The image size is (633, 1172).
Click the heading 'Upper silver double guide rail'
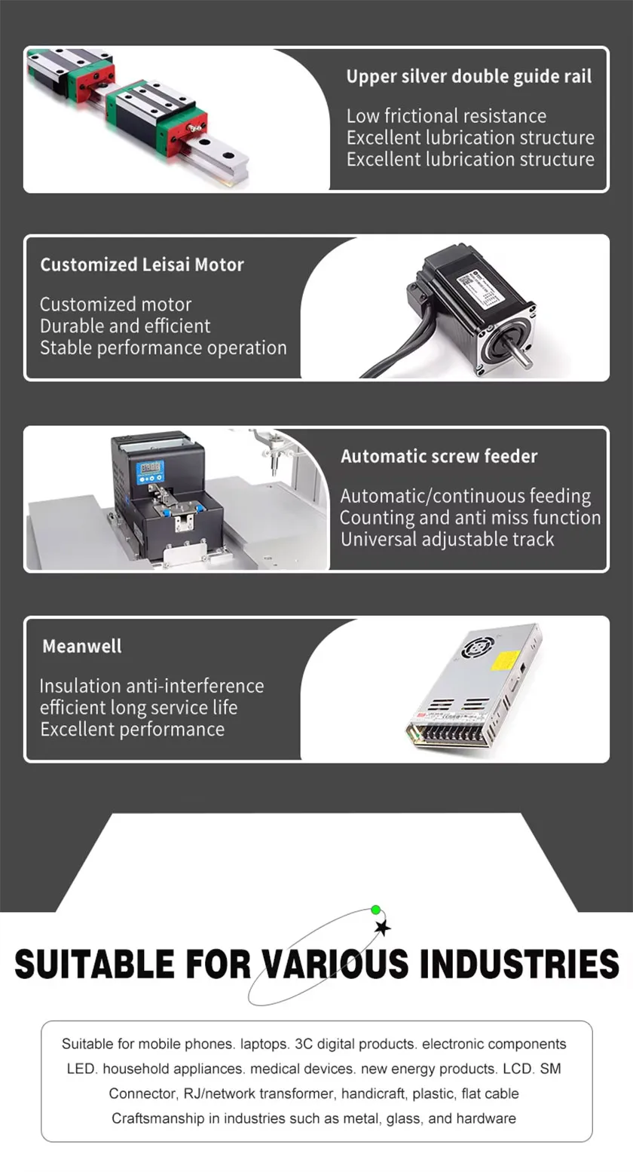[469, 76]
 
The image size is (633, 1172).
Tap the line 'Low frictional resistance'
[446, 116]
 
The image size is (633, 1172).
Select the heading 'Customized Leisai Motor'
[142, 265]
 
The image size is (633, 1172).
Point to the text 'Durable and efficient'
[125, 326]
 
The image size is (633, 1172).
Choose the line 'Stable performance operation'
[163, 348]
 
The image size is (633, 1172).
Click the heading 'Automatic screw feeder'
[439, 456]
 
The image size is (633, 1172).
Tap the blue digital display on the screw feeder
[149, 473]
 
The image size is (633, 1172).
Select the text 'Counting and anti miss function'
[469, 518]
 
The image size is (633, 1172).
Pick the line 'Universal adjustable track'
[447, 540]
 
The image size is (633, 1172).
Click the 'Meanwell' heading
[81, 646]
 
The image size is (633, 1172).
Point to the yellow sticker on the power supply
[504, 660]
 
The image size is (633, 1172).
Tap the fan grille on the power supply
[479, 646]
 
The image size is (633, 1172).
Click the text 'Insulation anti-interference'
[151, 686]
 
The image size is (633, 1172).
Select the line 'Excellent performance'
[132, 730]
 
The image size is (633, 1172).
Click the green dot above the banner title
[376, 910]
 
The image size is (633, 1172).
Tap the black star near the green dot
[383, 927]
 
